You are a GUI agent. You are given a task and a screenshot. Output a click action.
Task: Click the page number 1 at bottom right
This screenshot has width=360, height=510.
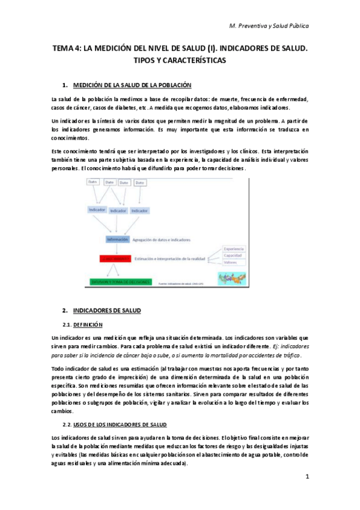pyautogui.click(x=307, y=477)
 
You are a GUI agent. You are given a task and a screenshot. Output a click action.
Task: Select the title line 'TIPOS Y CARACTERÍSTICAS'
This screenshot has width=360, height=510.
pyautogui.click(x=180, y=61)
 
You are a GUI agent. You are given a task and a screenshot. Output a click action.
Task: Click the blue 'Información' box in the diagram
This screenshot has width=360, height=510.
pyautogui.click(x=117, y=239)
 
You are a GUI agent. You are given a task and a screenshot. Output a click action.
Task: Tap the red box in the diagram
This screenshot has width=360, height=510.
pyautogui.click(x=114, y=259)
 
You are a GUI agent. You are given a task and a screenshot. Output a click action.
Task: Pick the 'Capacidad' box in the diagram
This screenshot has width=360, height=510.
pyautogui.click(x=233, y=256)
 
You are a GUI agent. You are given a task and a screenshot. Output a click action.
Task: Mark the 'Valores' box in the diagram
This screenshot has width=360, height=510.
pyautogui.click(x=231, y=263)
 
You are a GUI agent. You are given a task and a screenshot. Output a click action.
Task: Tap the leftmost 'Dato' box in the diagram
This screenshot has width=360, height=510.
pyautogui.click(x=93, y=182)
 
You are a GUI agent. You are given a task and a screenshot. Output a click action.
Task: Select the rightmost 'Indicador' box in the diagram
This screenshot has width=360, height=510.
pyautogui.click(x=139, y=210)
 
